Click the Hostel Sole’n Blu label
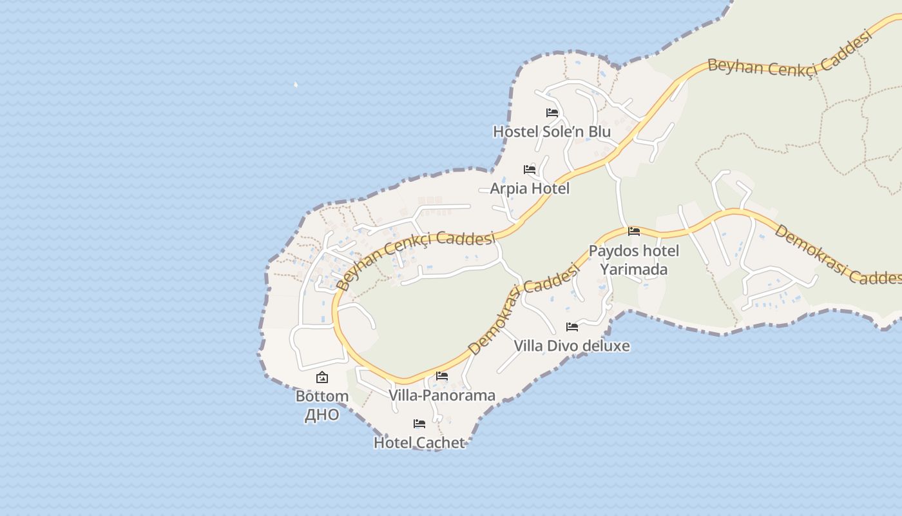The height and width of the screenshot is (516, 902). pos(552,132)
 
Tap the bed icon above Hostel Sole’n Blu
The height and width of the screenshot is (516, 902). pos(552,112)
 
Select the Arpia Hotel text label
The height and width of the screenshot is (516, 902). pos(530,188)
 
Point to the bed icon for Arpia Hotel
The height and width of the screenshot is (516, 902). pos(530,170)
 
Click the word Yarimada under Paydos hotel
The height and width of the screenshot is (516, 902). pos(633,269)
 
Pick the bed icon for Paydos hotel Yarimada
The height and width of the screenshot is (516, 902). pos(634,231)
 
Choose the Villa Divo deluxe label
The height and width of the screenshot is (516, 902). pos(571,346)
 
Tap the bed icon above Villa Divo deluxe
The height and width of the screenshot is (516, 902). pos(571,327)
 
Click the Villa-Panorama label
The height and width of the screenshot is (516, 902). pos(442,395)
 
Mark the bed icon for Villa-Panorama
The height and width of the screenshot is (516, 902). pos(442,375)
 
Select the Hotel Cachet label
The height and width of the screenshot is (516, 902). pos(419,442)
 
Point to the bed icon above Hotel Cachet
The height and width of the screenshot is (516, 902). pos(419,424)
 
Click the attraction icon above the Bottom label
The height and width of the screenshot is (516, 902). pos(322,377)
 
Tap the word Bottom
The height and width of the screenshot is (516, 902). pos(322,396)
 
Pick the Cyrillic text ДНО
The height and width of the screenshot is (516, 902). pos(321,414)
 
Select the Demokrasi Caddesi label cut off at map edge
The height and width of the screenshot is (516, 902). pos(838,255)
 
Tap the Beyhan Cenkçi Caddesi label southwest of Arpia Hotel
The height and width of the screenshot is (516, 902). pos(416,258)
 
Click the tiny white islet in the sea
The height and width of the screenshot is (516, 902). pos(296,84)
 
